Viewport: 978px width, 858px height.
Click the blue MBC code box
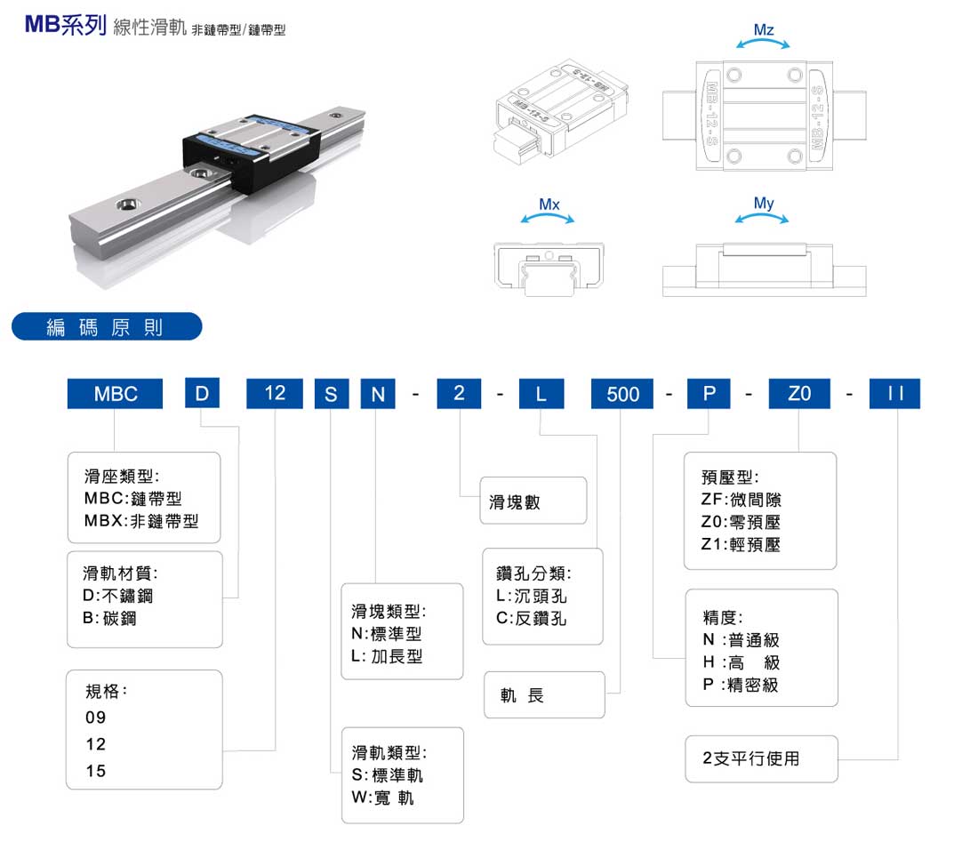[x=116, y=394]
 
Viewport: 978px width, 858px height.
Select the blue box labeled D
[x=202, y=393]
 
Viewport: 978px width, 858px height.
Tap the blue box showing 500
[x=622, y=394]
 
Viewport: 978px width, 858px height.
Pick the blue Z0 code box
[x=799, y=394]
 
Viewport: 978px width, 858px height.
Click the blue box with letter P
[x=709, y=394]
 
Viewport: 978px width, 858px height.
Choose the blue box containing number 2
[x=459, y=393]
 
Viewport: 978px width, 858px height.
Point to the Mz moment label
[x=763, y=30]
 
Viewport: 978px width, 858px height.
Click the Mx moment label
[x=549, y=204]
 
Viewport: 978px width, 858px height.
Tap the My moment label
[x=764, y=204]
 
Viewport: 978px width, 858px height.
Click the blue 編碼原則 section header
[x=106, y=326]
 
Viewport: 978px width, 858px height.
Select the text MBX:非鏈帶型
[x=141, y=522]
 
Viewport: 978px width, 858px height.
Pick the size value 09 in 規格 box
[x=95, y=717]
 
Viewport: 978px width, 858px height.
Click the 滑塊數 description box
[x=533, y=501]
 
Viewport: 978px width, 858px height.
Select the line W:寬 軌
[x=382, y=798]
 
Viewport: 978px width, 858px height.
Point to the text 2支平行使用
[x=751, y=758]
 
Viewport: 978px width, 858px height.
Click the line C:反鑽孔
[x=531, y=618]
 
